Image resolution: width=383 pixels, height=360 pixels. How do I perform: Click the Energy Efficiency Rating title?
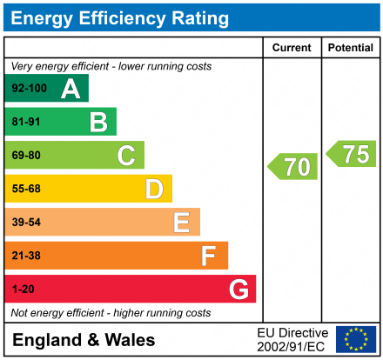(x=121, y=17)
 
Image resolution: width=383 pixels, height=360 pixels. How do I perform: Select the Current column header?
(x=292, y=48)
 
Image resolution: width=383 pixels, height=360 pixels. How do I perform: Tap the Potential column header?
(x=351, y=48)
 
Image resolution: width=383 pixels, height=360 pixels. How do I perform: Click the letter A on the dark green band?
(x=71, y=89)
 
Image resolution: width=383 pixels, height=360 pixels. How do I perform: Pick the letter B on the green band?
(x=98, y=123)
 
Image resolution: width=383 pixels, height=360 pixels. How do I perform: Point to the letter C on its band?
(x=126, y=156)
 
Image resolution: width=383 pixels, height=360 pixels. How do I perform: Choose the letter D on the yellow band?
(x=154, y=189)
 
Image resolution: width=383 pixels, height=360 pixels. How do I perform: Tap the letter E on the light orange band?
(x=181, y=223)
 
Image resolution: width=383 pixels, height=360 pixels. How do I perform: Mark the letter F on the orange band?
(x=209, y=256)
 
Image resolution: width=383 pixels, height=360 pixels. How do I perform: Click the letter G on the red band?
(x=238, y=289)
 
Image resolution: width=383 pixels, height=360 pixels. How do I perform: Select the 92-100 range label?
(x=30, y=89)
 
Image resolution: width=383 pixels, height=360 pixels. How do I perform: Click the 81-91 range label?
(x=26, y=123)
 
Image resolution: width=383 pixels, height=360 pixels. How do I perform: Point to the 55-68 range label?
(x=26, y=189)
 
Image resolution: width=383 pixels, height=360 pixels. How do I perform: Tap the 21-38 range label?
(x=26, y=256)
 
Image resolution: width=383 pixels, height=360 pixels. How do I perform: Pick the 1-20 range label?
(x=24, y=289)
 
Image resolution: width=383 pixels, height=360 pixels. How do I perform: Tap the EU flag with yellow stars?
(x=355, y=339)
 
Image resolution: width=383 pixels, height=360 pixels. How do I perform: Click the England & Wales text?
(x=84, y=340)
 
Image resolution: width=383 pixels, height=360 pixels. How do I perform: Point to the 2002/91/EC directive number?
(x=292, y=346)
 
